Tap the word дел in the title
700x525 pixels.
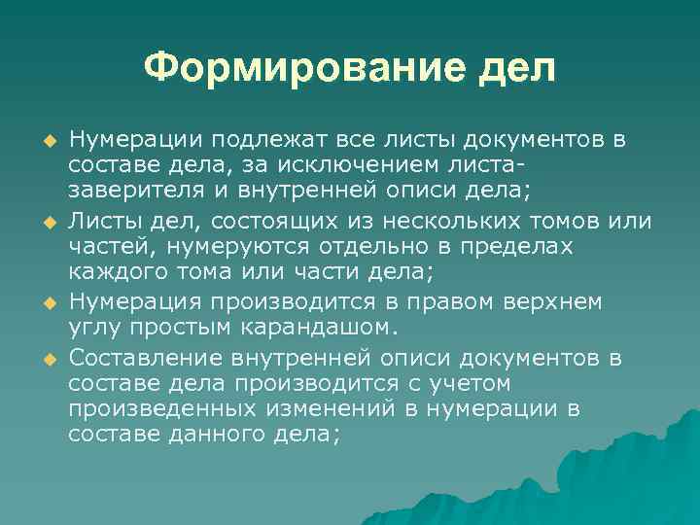click(x=514, y=68)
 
